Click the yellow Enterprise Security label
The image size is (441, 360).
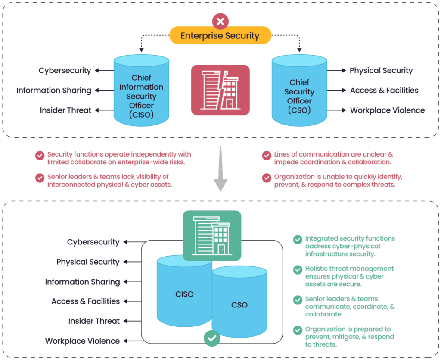220,35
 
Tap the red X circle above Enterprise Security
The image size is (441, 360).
220,20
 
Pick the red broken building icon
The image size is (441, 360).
220,90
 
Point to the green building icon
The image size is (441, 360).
212,235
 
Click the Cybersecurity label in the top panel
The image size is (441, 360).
65,70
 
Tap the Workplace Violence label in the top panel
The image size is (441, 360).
387,110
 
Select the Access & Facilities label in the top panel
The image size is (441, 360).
384,91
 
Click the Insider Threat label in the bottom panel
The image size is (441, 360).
94,321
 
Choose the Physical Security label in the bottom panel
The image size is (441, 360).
88,262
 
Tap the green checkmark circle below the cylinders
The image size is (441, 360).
211,339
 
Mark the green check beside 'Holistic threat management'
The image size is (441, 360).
298,270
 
